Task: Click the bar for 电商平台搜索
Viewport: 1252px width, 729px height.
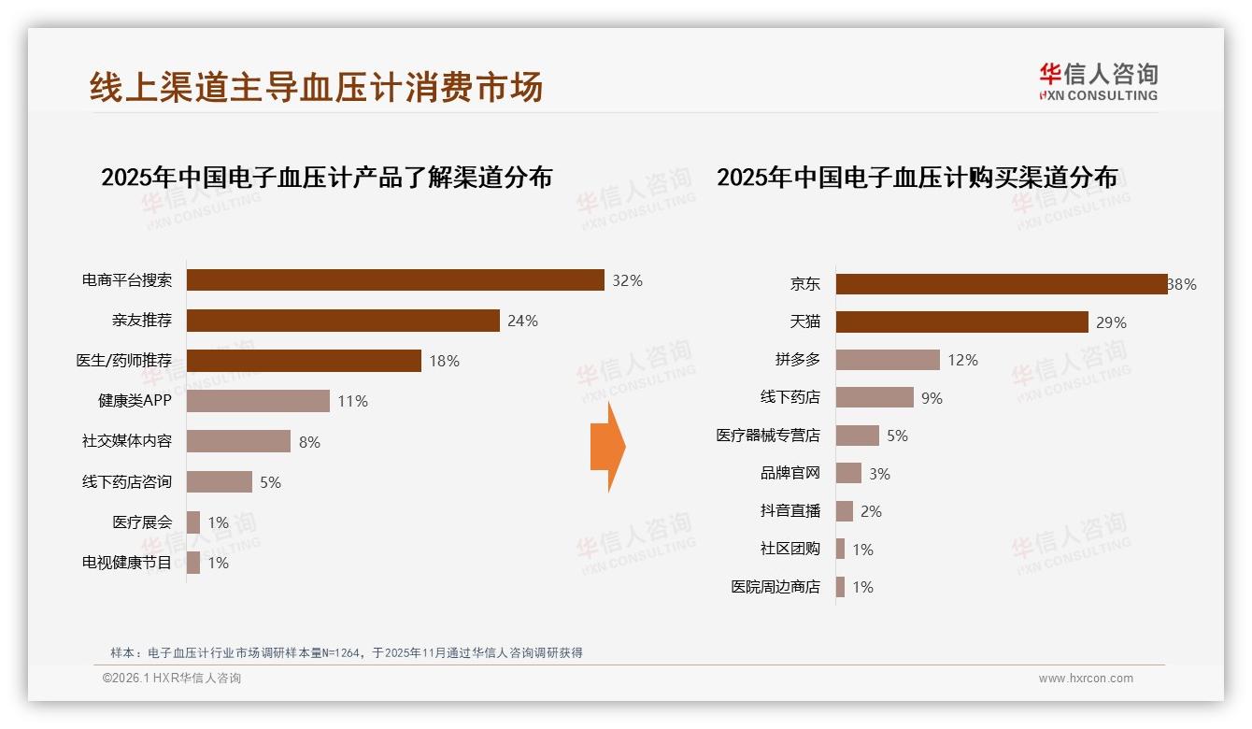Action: pyautogui.click(x=395, y=280)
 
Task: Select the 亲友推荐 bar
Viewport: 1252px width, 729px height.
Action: pyautogui.click(x=343, y=321)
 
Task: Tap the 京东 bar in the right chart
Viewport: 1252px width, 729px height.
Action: pyautogui.click(x=1002, y=284)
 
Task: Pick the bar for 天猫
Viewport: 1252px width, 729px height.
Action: pyautogui.click(x=961, y=322)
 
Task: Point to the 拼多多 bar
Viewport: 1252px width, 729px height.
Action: pyautogui.click(x=888, y=360)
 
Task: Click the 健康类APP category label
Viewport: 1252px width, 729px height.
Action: pyautogui.click(x=135, y=401)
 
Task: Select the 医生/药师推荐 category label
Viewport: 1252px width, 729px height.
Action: pyautogui.click(x=124, y=361)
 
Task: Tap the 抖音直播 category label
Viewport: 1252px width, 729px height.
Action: pyautogui.click(x=790, y=511)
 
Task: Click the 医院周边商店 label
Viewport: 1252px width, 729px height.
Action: pyautogui.click(x=775, y=587)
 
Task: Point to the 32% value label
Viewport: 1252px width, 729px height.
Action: pyautogui.click(x=627, y=280)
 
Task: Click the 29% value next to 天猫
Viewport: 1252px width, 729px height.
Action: pyautogui.click(x=1111, y=322)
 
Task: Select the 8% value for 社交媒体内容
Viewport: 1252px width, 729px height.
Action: pyautogui.click(x=309, y=442)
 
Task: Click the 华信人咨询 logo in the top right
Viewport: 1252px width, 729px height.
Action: pyautogui.click(x=1098, y=81)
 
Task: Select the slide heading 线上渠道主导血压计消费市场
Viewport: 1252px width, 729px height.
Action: pyautogui.click(x=316, y=87)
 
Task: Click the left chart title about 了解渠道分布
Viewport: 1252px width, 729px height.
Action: pyautogui.click(x=326, y=177)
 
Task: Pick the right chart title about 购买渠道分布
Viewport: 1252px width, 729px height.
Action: pyautogui.click(x=917, y=177)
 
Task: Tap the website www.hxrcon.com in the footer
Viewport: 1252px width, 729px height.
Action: pyautogui.click(x=1086, y=679)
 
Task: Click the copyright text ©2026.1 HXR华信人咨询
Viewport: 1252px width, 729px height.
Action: pyautogui.click(x=172, y=679)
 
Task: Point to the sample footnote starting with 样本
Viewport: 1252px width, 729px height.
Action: pyautogui.click(x=346, y=652)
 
